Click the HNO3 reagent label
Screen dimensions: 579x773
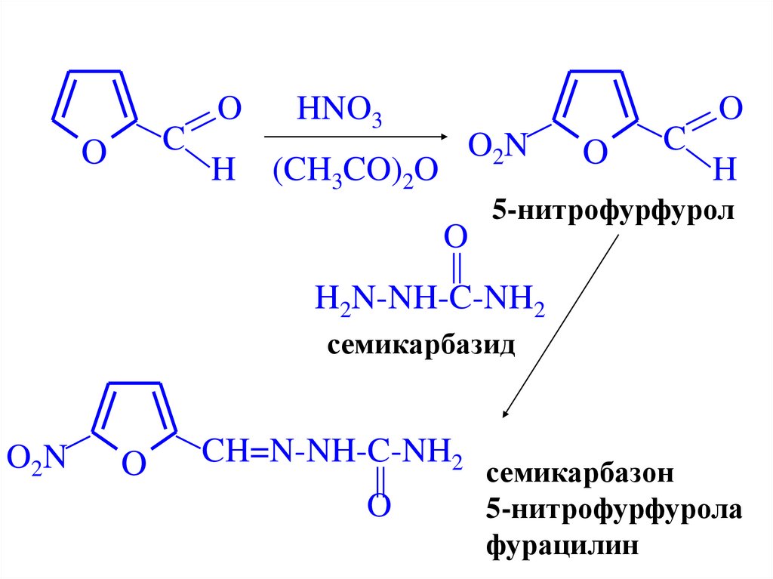pos(340,113)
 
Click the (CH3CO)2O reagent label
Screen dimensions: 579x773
pos(356,172)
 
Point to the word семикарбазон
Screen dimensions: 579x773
pos(579,475)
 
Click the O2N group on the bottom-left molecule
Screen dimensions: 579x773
pos(35,457)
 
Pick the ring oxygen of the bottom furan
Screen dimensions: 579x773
pos(133,464)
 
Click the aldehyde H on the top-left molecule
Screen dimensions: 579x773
pos(223,172)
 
